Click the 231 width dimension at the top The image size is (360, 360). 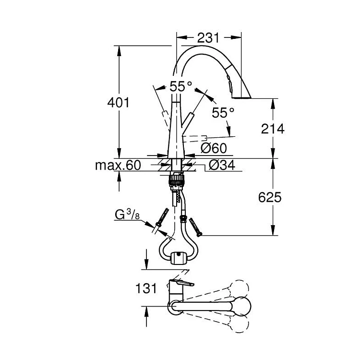[208, 37]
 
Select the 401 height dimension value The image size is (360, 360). [119, 103]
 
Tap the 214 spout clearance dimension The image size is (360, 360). [273, 129]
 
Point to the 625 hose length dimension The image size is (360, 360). [270, 197]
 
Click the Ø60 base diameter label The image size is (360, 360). [214, 148]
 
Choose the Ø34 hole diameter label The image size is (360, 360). [222, 165]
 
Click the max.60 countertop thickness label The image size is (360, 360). [118, 165]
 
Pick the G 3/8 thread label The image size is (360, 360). [127, 215]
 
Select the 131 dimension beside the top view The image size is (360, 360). [146, 288]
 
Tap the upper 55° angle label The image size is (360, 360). [181, 86]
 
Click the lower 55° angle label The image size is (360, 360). [223, 113]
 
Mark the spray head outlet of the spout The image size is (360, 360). [241, 97]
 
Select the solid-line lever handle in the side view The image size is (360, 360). [187, 120]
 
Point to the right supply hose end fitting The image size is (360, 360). [196, 228]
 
